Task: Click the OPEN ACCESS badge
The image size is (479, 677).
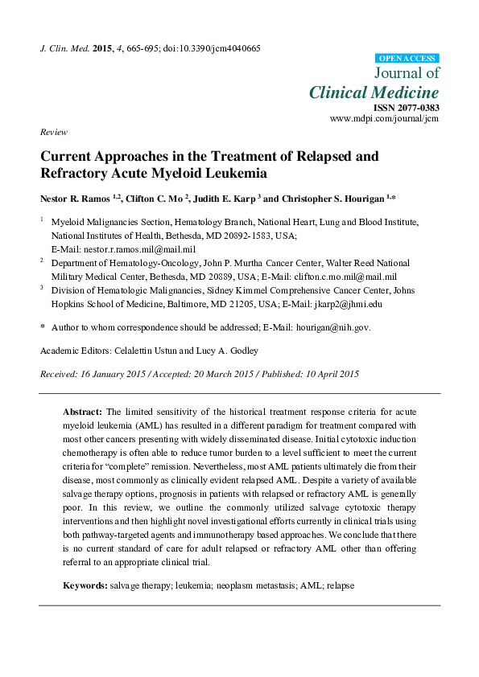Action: pyautogui.click(x=407, y=58)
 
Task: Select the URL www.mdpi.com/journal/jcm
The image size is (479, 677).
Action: pyautogui.click(x=385, y=118)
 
